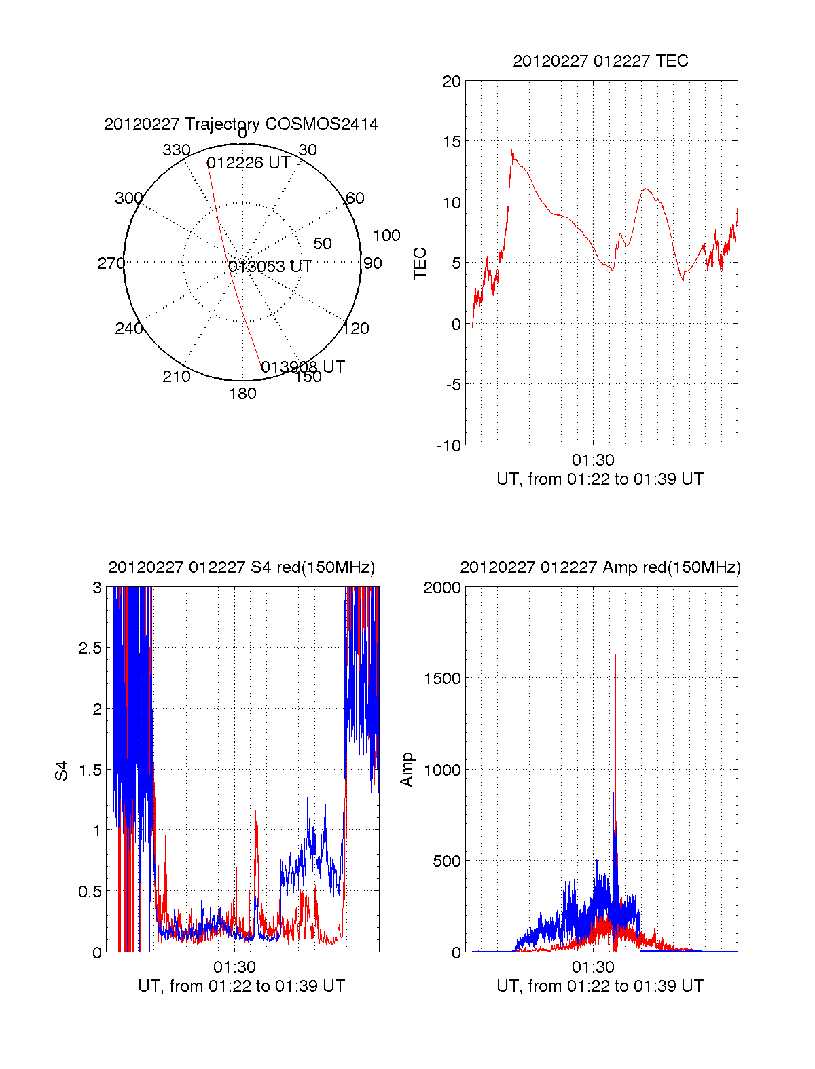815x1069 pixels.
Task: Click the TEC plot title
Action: (x=600, y=61)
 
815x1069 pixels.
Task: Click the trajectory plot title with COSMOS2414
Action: (x=241, y=124)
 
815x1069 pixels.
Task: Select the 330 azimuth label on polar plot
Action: (x=176, y=150)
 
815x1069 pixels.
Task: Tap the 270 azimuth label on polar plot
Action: (x=111, y=263)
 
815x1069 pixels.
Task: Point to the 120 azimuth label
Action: (x=356, y=329)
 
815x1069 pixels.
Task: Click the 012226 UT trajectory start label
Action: (x=249, y=163)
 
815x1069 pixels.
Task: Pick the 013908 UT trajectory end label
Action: (x=303, y=367)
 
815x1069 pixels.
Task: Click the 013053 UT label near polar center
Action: (x=270, y=267)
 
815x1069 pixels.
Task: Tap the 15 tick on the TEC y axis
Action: (x=452, y=142)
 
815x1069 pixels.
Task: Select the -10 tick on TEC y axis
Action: (x=449, y=446)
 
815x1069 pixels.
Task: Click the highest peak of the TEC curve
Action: (x=512, y=150)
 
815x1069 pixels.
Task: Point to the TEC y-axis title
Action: (x=420, y=263)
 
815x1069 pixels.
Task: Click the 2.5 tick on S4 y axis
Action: (x=90, y=648)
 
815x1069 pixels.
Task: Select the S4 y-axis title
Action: (x=62, y=770)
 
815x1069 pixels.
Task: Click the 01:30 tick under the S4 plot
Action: (x=234, y=967)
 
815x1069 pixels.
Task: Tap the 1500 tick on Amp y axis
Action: (x=442, y=679)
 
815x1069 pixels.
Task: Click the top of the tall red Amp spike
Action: (x=615, y=655)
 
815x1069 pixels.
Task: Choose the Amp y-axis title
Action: (x=407, y=770)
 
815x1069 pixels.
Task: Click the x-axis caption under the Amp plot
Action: (x=600, y=986)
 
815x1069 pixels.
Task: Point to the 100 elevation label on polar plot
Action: (x=386, y=236)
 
